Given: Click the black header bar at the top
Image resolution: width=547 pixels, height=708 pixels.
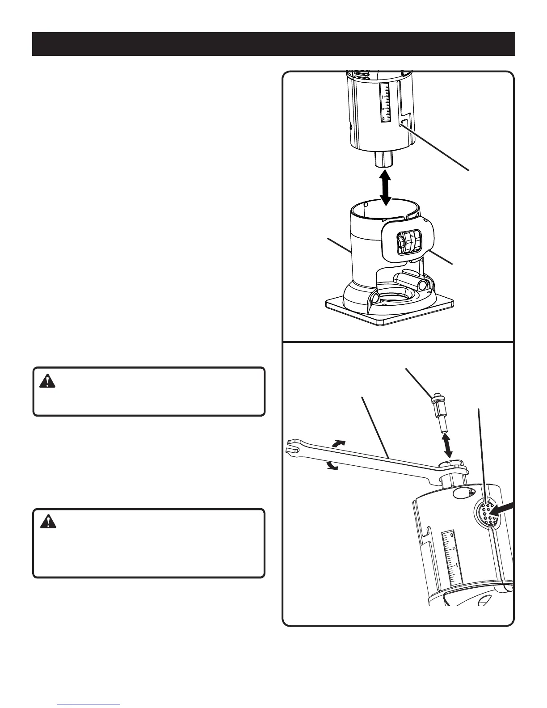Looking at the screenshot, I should pos(273,44).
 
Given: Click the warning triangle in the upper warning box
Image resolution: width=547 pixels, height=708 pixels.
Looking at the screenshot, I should pos(47,381).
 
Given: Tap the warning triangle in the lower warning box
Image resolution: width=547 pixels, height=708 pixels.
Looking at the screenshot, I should pos(47,522).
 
